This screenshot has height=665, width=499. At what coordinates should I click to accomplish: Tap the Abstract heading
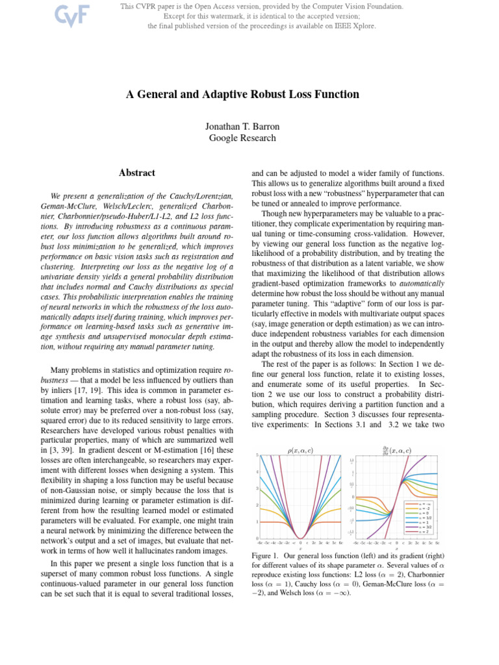coord(137,173)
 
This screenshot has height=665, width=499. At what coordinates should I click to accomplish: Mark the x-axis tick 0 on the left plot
coord(300,543)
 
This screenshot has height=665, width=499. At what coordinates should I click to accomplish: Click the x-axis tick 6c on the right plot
coord(437,543)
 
